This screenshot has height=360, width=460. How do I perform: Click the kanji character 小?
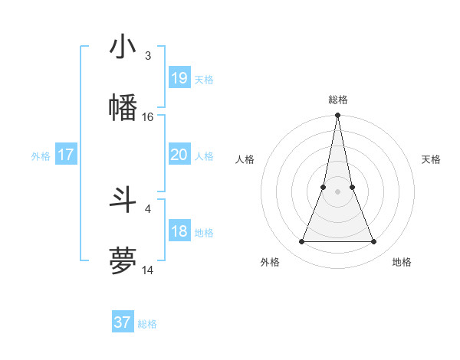123,47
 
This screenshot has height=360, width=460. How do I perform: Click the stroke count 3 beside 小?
148,56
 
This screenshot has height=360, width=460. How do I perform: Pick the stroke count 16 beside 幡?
148,117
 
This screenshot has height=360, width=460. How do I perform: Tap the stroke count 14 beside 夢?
148,270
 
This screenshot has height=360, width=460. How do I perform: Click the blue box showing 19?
179,77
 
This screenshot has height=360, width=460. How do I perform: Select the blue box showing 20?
179,155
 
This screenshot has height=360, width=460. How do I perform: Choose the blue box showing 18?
179,231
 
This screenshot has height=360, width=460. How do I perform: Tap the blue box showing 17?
66,155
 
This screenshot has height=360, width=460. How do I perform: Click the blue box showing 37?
123,322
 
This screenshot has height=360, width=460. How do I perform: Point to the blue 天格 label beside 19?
204,80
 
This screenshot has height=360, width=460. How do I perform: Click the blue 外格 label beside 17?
41,156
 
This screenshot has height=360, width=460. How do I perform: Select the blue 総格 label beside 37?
147,325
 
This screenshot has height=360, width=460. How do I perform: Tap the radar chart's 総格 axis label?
338,100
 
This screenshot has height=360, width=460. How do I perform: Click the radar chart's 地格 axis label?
402,262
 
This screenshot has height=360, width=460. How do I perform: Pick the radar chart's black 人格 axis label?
245,159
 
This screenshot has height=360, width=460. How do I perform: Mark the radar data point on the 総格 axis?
337,116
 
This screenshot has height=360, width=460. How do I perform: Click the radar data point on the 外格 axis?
302,242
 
